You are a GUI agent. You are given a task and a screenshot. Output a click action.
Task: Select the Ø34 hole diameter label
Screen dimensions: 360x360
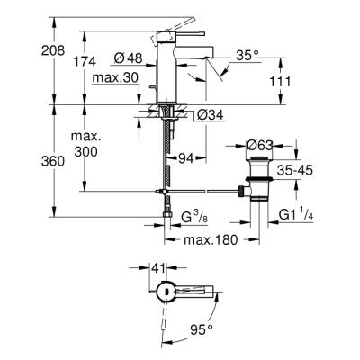(x=206, y=113)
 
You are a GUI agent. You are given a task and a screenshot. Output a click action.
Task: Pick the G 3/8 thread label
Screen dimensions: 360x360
(x=196, y=216)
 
